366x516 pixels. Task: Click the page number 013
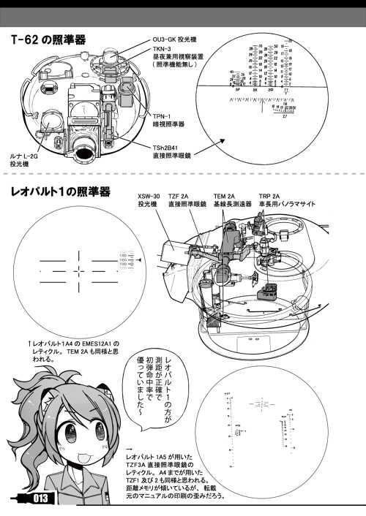pos(39,498)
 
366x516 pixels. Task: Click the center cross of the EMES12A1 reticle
pos(77,271)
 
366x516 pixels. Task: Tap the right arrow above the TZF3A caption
pos(130,448)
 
